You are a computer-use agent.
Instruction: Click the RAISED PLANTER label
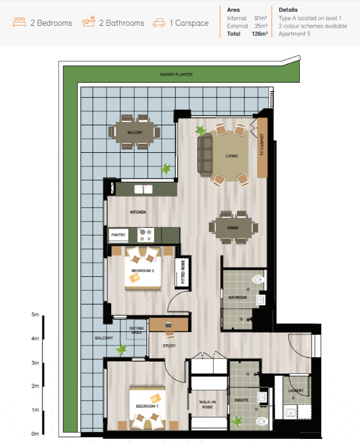tap(176, 74)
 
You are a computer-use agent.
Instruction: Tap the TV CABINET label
tap(262, 145)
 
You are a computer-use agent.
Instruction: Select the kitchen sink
tap(143, 189)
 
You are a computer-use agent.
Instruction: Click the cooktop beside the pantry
tap(146, 235)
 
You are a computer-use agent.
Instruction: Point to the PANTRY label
tap(118, 235)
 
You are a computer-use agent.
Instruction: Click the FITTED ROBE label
tap(183, 272)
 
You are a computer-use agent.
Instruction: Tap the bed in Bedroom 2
tap(143, 268)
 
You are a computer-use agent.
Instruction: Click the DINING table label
tap(233, 228)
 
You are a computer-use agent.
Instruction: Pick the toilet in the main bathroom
tap(257, 279)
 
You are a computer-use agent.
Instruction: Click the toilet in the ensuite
tap(262, 422)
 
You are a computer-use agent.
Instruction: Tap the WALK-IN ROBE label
tap(208, 405)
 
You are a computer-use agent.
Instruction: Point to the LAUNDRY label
tap(295, 390)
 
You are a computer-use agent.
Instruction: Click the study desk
tap(169, 325)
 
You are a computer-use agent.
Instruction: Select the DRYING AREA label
tap(136, 330)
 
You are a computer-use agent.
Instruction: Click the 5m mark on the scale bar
tap(35, 314)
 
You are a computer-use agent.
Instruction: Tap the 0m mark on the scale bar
tap(35, 434)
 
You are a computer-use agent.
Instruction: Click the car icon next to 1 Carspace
tap(159, 23)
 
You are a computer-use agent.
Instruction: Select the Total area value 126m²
tap(260, 34)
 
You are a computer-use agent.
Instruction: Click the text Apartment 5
tap(294, 34)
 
